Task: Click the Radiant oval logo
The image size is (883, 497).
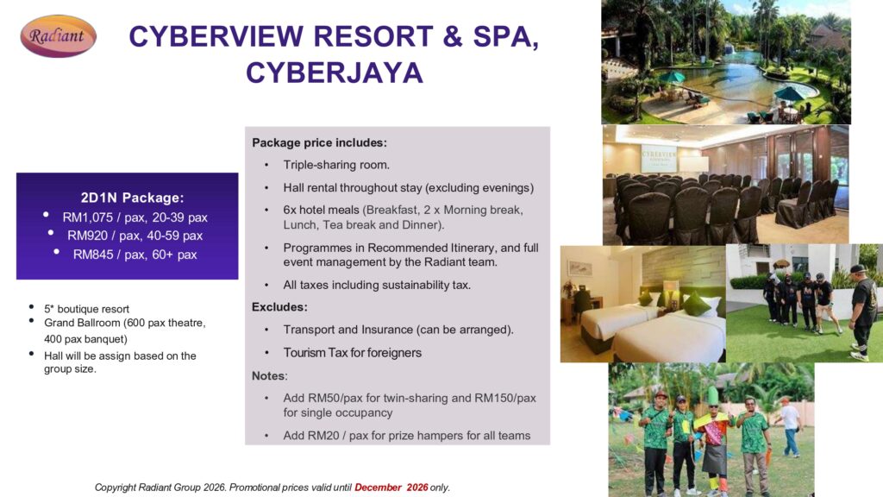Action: [x=58, y=36]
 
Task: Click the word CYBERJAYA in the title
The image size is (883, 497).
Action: [x=334, y=72]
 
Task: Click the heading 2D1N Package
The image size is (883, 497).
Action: [x=132, y=198]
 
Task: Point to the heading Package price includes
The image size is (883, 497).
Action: [x=319, y=142]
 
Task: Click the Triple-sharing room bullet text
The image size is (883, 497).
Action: [x=336, y=165]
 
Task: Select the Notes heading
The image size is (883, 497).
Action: [x=269, y=376]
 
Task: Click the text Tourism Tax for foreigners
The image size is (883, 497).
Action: [x=352, y=353]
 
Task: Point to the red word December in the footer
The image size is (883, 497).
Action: [x=378, y=488]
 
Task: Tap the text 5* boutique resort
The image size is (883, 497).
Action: [x=87, y=309]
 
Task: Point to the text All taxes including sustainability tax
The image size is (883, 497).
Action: [x=377, y=285]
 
